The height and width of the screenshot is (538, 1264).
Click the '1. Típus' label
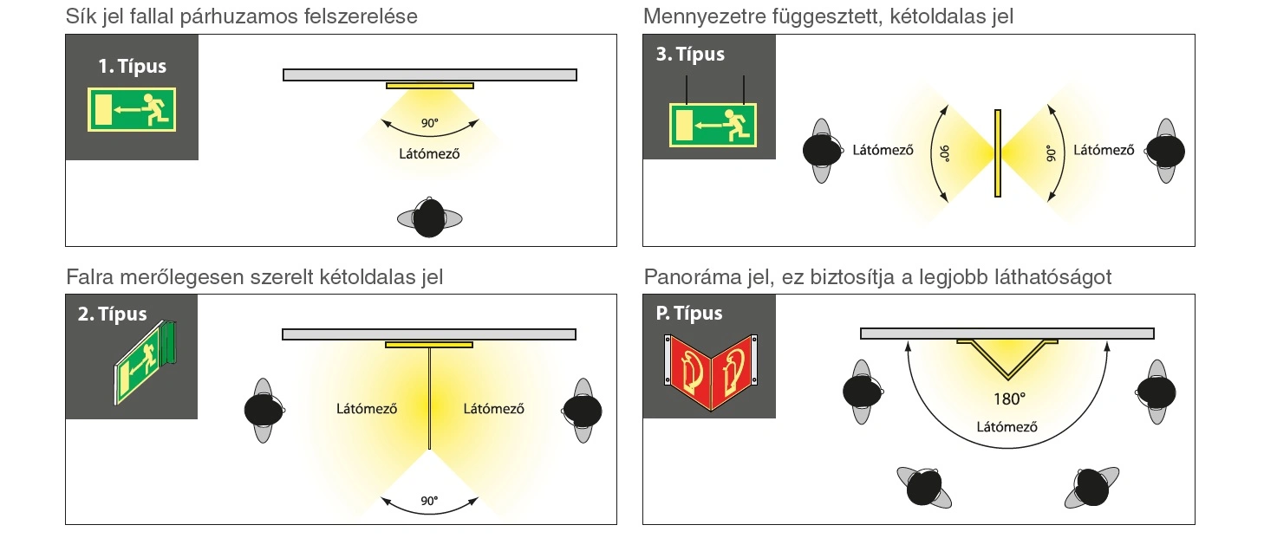(x=132, y=67)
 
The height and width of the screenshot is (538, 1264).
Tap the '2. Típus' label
(x=112, y=314)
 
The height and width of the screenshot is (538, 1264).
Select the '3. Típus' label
(x=690, y=55)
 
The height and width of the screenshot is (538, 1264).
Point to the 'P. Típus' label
(x=689, y=313)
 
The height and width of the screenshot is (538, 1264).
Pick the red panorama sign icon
(x=709, y=368)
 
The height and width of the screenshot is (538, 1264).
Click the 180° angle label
(x=1009, y=399)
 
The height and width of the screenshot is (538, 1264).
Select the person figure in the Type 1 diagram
(x=428, y=217)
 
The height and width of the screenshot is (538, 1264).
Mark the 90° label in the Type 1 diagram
(x=430, y=124)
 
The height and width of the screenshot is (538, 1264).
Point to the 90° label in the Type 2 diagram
(x=429, y=501)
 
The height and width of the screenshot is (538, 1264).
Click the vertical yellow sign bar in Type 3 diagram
(x=998, y=152)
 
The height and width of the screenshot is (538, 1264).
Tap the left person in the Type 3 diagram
(x=820, y=151)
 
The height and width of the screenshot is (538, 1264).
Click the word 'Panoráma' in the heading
(x=687, y=278)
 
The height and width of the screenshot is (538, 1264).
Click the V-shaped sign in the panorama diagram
(x=1007, y=358)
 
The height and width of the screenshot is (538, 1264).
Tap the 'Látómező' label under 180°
(x=1007, y=426)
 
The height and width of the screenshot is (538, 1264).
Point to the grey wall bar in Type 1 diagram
(x=429, y=75)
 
